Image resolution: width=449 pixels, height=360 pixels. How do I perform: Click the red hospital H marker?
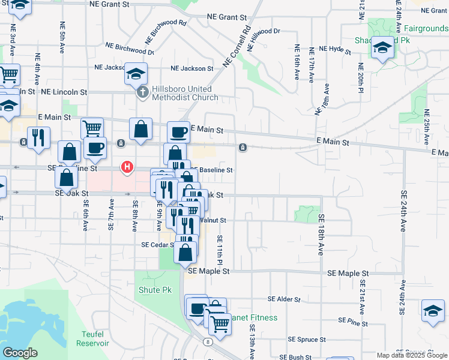coord(127,167)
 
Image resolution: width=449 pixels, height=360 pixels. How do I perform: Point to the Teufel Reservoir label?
coord(92,339)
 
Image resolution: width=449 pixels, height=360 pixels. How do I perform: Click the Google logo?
coord(20,353)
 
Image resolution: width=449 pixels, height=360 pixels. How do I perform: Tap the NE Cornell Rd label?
coord(236,46)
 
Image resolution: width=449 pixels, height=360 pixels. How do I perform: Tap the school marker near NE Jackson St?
coord(136,74)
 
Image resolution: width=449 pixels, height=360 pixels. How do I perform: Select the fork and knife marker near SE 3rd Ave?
coord(38,138)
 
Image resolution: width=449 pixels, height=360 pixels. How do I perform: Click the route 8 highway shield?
coord(208,342)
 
